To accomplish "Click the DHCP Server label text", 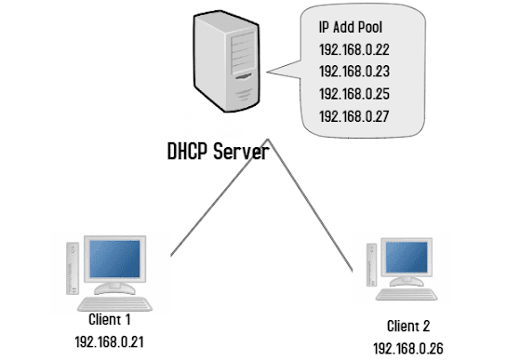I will [x=218, y=151].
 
